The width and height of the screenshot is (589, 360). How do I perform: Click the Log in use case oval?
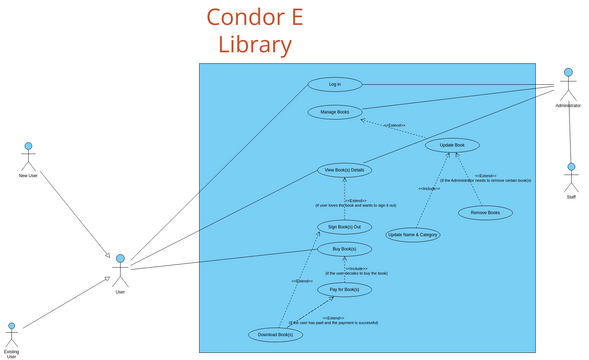click(x=334, y=84)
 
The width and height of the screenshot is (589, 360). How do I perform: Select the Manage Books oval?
click(x=334, y=112)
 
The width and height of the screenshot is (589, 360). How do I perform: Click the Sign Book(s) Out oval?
click(x=344, y=227)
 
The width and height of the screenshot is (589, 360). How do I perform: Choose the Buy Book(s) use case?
click(x=344, y=248)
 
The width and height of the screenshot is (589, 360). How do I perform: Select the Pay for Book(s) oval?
click(x=344, y=289)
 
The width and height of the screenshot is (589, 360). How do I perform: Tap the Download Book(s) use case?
click(x=275, y=334)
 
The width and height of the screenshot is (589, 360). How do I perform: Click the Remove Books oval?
click(x=485, y=212)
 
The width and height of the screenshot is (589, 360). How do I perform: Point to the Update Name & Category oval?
click(x=413, y=234)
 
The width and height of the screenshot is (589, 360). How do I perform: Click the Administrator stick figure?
click(x=568, y=84)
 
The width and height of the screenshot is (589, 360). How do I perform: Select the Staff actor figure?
click(x=571, y=180)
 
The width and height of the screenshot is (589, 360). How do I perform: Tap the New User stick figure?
click(x=28, y=158)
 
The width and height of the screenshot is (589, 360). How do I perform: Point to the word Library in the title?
click(x=255, y=45)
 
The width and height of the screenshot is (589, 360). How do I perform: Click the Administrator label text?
click(x=568, y=105)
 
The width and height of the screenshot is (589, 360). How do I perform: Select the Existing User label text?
click(x=12, y=354)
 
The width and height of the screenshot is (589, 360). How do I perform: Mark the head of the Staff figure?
click(x=571, y=168)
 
